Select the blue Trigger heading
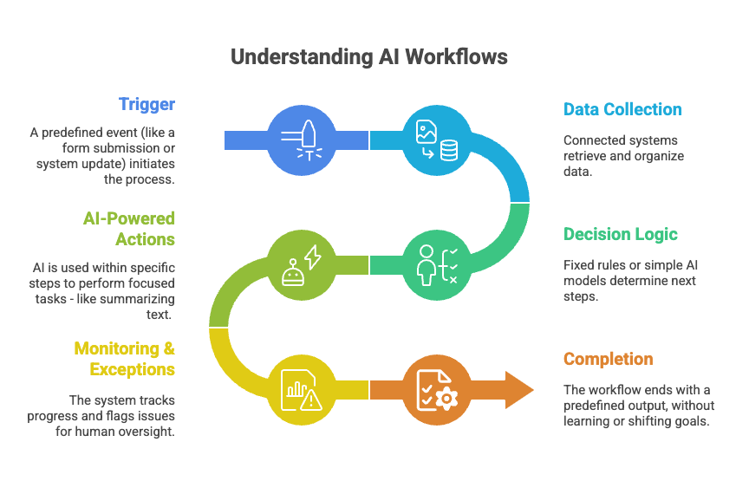(x=147, y=105)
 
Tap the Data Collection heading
(x=622, y=109)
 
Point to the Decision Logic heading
(x=620, y=234)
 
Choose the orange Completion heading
(x=608, y=359)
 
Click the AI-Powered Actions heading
(x=123, y=228)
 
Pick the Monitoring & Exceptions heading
(x=124, y=359)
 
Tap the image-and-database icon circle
(x=438, y=140)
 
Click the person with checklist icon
(x=438, y=263)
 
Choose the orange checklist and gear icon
(x=438, y=389)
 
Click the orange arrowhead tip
(x=531, y=389)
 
